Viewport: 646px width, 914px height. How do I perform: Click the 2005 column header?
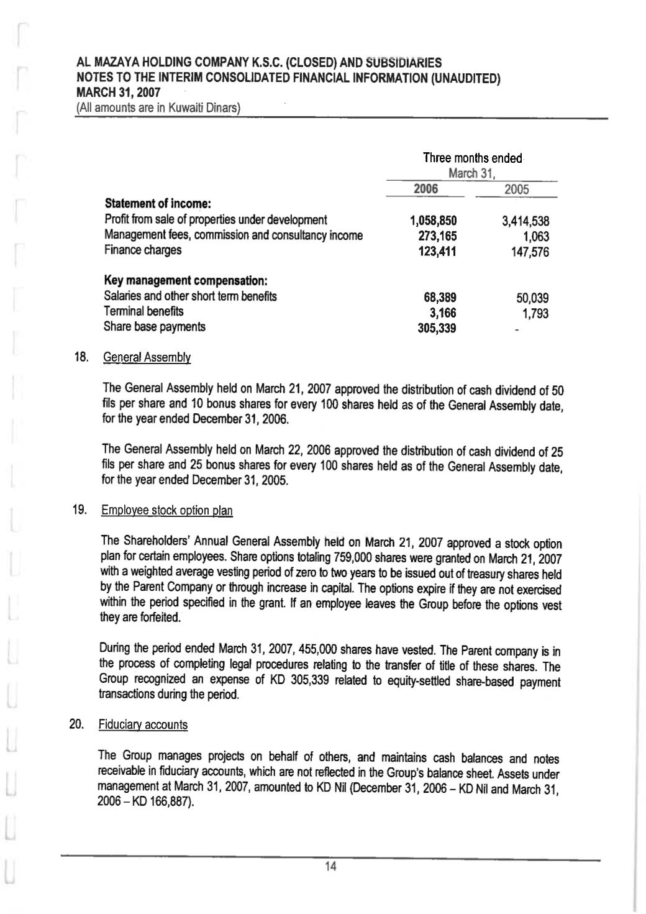(516, 190)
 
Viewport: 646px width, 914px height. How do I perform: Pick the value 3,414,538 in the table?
(525, 221)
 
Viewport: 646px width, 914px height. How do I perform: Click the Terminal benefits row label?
(143, 311)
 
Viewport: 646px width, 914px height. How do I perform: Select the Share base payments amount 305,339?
(437, 329)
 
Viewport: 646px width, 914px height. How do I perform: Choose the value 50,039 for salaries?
(532, 298)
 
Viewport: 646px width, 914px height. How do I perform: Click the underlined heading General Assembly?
(147, 357)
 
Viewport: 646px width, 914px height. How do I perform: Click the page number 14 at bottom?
(330, 867)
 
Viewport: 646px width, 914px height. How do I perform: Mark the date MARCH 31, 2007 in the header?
(118, 92)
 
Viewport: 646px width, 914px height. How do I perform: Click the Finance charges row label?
(143, 250)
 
